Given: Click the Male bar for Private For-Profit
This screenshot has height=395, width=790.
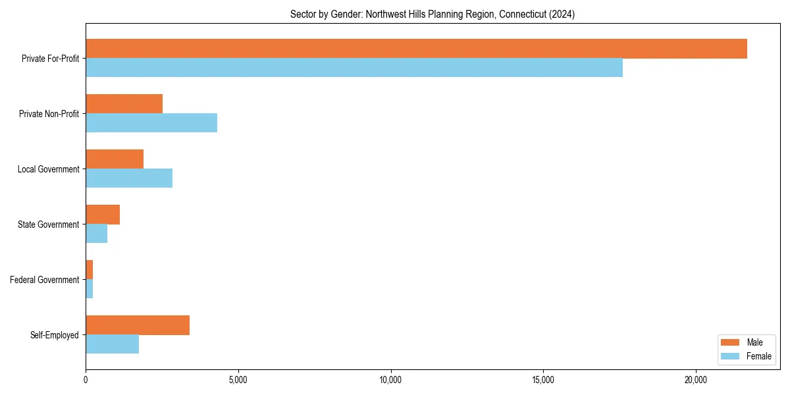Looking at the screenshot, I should coord(416,49).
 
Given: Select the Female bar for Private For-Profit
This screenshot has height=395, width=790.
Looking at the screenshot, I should coord(354,68).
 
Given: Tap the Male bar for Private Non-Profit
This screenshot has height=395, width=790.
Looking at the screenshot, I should coord(124,104).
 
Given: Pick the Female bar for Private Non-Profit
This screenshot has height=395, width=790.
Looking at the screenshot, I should coord(151,123).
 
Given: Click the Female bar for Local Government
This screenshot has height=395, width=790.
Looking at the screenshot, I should coord(129,178).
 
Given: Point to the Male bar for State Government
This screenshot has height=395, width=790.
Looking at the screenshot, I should coord(103,215).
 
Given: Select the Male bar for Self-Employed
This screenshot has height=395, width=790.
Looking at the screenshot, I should coord(138,325).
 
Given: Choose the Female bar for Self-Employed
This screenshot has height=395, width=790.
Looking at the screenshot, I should coord(112,344).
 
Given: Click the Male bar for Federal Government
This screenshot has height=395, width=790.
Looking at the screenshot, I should coord(90,270).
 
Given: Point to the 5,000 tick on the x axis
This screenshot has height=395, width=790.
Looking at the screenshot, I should coord(238,380).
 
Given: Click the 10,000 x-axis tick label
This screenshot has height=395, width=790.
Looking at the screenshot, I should coord(391,380).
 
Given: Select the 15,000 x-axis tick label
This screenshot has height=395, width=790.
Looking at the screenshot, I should coord(543,380).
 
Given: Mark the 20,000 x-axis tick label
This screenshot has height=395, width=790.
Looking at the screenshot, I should coord(696,380).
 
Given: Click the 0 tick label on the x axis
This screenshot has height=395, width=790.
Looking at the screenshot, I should coord(86,380).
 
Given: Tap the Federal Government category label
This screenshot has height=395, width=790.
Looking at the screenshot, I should coord(45,280).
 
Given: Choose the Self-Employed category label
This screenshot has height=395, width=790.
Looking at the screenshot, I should coord(55,335).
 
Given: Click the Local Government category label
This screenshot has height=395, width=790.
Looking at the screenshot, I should coord(49,169).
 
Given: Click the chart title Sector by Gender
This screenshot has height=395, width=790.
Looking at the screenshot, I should coord(433,14).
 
